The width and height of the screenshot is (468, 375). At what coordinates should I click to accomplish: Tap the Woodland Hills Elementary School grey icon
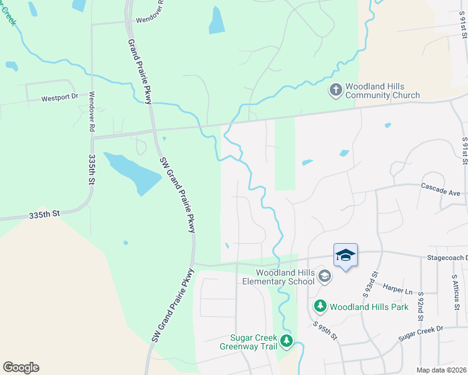click(x=324, y=276)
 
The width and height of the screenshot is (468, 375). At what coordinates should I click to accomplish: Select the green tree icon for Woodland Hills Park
click(x=320, y=306)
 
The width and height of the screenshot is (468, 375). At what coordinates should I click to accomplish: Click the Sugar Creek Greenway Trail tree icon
click(x=287, y=341)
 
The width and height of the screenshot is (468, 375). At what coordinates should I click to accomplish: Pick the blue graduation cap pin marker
click(x=345, y=255)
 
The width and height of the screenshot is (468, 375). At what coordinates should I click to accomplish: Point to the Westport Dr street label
click(x=59, y=98)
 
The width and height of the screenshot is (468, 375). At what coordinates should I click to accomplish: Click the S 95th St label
click(x=325, y=332)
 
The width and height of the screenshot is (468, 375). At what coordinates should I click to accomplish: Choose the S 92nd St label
click(x=421, y=306)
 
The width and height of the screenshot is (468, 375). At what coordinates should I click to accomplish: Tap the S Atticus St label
click(x=455, y=291)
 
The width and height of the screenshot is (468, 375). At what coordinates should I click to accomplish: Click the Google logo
click(x=21, y=367)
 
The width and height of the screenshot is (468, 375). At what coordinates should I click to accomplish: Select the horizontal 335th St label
click(x=43, y=213)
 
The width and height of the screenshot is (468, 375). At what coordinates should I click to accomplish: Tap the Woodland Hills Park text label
click(x=369, y=307)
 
